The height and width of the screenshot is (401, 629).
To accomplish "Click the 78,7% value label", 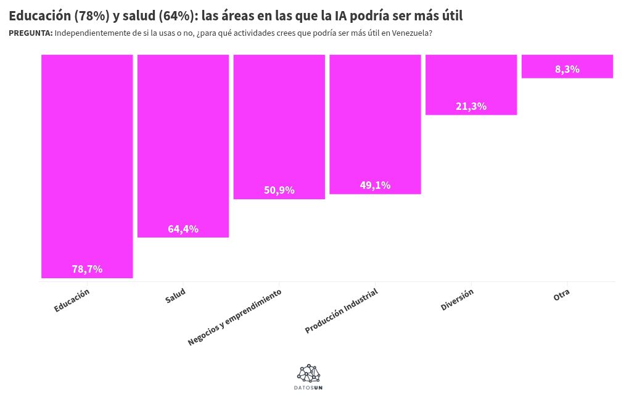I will (x=87, y=269).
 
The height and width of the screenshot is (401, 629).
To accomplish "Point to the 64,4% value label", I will (x=183, y=229).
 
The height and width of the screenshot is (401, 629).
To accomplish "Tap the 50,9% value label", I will (x=279, y=190).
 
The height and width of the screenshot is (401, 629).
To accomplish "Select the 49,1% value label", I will (x=375, y=185).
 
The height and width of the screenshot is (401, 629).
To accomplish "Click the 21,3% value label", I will (x=471, y=106).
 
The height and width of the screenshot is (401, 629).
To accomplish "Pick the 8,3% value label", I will (x=567, y=69).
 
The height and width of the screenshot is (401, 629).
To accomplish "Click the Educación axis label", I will (x=72, y=300).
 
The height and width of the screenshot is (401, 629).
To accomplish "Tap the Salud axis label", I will (x=175, y=296).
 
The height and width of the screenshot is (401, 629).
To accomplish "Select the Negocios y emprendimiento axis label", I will (x=235, y=316).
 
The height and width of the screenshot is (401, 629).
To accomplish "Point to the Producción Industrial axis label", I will (x=342, y=311).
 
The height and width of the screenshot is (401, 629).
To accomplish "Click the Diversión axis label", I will (x=457, y=299).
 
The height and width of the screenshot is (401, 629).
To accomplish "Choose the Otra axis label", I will (x=561, y=295).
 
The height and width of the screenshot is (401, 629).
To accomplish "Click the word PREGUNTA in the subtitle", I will (x=30, y=33).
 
